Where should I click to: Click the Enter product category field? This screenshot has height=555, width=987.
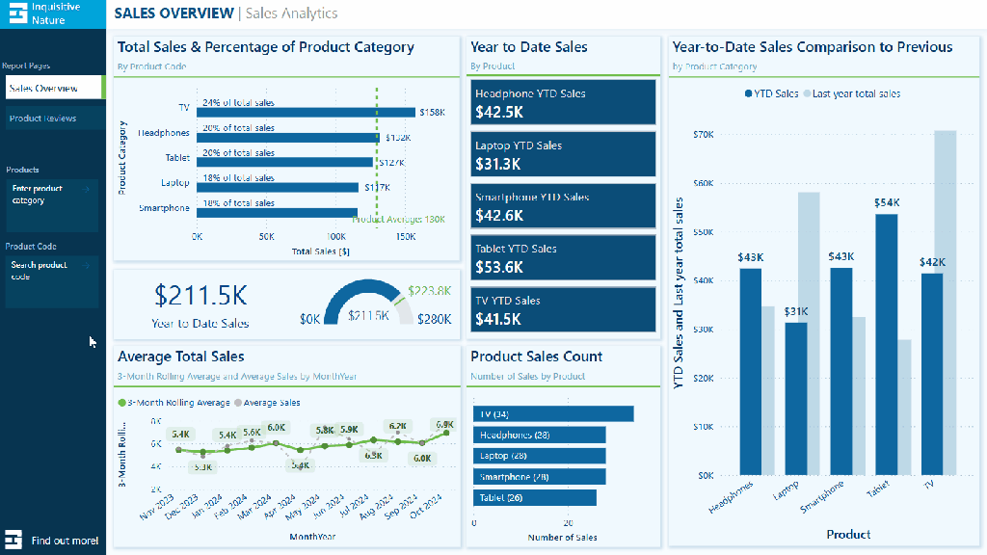click(x=50, y=195)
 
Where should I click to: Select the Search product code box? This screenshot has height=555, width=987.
click(x=50, y=271)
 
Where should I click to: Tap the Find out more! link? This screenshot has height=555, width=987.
click(x=64, y=541)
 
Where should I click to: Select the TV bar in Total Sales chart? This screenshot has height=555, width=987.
click(x=306, y=112)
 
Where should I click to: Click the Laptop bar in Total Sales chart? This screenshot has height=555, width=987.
click(x=278, y=187)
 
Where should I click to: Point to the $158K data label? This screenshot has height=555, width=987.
click(x=433, y=113)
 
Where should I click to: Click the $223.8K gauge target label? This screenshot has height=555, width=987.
click(x=429, y=290)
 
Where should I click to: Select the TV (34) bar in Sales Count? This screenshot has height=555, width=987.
click(x=553, y=413)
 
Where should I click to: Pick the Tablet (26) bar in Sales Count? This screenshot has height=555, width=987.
click(x=535, y=497)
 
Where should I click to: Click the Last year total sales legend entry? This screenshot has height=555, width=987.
click(x=856, y=94)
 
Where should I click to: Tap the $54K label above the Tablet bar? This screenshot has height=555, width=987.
click(x=887, y=203)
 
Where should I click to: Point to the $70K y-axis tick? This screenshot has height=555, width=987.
click(x=703, y=134)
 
